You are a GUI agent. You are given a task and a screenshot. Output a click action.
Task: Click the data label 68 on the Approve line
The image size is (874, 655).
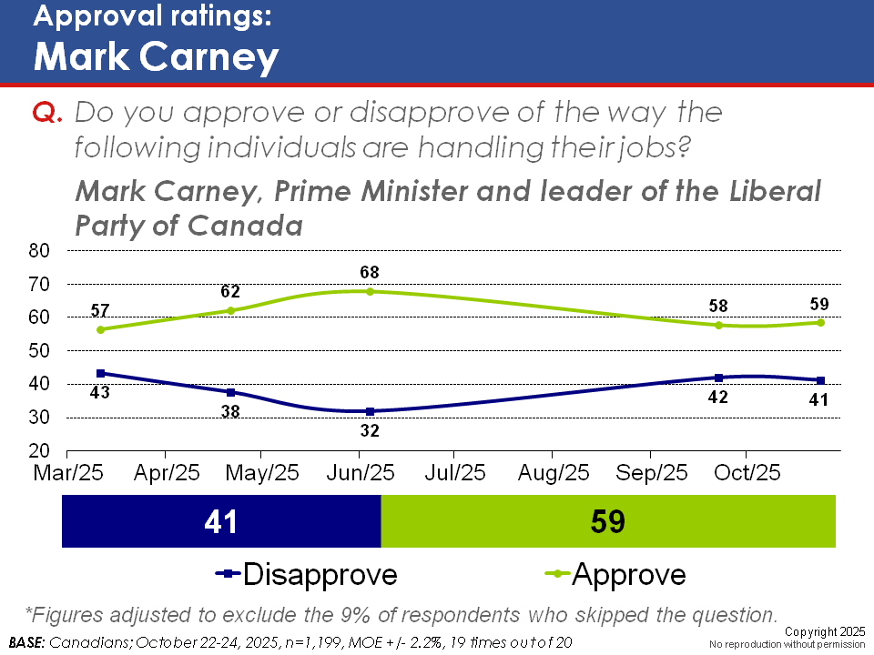coord(369,272)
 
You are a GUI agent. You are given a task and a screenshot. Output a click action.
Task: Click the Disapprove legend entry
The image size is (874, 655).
coord(306,575)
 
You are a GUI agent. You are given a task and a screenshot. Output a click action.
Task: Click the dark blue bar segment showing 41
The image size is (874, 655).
coord(220,522)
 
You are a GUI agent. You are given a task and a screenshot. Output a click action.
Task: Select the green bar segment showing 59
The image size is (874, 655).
coord(607,522)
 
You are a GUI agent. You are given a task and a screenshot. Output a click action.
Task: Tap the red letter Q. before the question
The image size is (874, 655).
coord(46,113)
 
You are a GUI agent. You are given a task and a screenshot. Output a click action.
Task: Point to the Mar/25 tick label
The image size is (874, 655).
coord(67,473)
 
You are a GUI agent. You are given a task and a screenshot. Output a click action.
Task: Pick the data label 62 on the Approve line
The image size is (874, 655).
coord(230,292)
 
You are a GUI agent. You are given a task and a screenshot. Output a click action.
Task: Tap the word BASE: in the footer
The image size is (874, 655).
coord(26,642)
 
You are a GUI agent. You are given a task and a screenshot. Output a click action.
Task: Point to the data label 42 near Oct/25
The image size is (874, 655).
coord(718,397)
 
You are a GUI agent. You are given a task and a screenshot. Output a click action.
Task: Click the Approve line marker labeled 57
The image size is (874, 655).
coord(100,329)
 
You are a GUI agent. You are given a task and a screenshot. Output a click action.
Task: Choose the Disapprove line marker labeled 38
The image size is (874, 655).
coord(230,392)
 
